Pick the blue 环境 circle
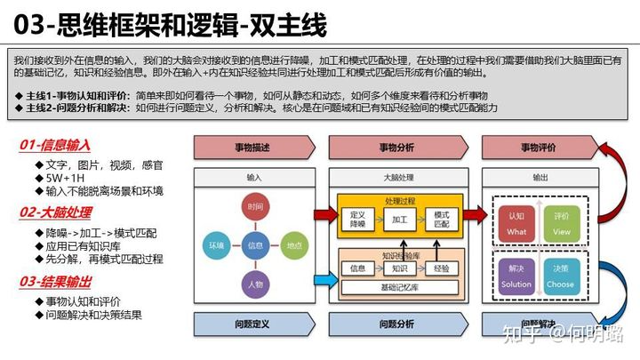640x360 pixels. [217, 244]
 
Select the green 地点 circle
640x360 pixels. [294, 244]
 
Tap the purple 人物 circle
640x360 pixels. [256, 284]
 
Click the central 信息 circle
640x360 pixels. [256, 244]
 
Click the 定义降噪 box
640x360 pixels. [358, 218]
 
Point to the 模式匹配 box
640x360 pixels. [440, 218]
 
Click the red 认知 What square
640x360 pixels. [516, 223]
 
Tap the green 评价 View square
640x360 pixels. [562, 223]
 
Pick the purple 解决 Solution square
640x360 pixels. [516, 276]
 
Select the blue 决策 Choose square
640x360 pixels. [562, 276]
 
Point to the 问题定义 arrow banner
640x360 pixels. [252, 324]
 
